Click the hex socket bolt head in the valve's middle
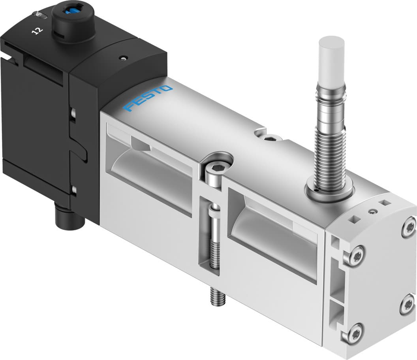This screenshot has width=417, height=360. pyautogui.click(x=212, y=174)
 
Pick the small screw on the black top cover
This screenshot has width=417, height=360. pyautogui.click(x=124, y=58)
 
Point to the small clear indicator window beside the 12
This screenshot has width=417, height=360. pyautogui.click(x=39, y=15)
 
